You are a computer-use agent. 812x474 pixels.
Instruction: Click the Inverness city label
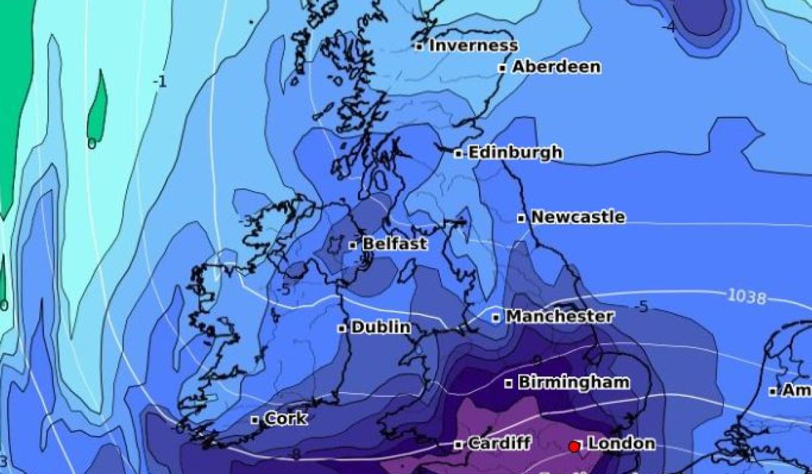(x=473, y=46)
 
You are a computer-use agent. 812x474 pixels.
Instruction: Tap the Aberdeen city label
(x=556, y=67)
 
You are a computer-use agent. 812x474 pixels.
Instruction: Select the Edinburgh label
(x=515, y=153)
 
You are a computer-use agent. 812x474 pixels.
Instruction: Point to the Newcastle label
(x=577, y=217)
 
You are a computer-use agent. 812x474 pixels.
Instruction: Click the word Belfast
(x=394, y=244)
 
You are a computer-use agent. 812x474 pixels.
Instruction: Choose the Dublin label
(x=381, y=328)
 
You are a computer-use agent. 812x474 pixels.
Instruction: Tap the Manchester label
(x=560, y=316)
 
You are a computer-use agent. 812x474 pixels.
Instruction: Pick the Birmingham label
(x=573, y=383)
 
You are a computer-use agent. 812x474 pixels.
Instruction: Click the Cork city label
(x=286, y=419)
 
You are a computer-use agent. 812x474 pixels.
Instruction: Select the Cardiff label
(x=499, y=444)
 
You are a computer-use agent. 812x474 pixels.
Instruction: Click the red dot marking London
(x=574, y=446)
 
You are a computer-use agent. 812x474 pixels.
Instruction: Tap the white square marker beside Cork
(x=255, y=420)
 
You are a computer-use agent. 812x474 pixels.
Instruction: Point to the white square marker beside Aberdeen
(x=503, y=68)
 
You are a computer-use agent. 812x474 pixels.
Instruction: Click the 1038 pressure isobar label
(x=747, y=297)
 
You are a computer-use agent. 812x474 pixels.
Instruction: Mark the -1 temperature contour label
(x=160, y=82)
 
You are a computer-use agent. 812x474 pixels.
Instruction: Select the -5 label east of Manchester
(x=641, y=307)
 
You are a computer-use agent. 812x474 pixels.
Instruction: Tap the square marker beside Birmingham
(x=509, y=383)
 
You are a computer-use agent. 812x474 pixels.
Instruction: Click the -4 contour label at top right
(x=669, y=28)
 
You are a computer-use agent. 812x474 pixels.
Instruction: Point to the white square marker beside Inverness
(x=420, y=47)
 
